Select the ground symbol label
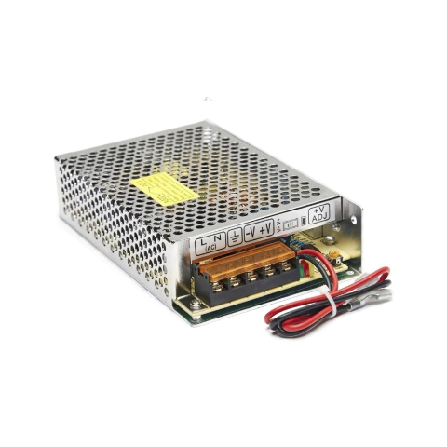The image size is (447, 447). point(234,236)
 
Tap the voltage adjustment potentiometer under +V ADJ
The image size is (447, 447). point(327,251)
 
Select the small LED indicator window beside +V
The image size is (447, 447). point(290,222)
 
